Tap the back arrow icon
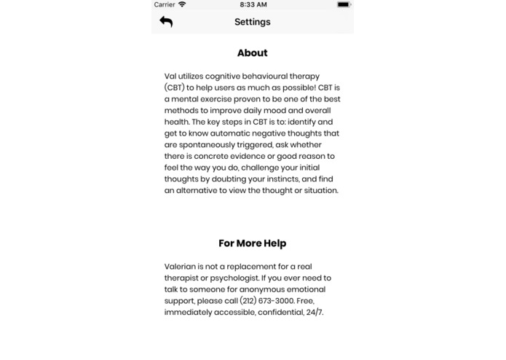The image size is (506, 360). click(166, 22)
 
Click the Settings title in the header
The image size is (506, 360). click(252, 22)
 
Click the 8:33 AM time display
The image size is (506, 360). click(252, 4)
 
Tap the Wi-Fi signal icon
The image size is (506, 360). click(182, 4)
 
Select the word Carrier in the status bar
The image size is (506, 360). click(165, 4)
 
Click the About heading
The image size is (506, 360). click(252, 52)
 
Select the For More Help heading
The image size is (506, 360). click(252, 243)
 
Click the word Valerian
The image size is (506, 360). click(181, 266)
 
